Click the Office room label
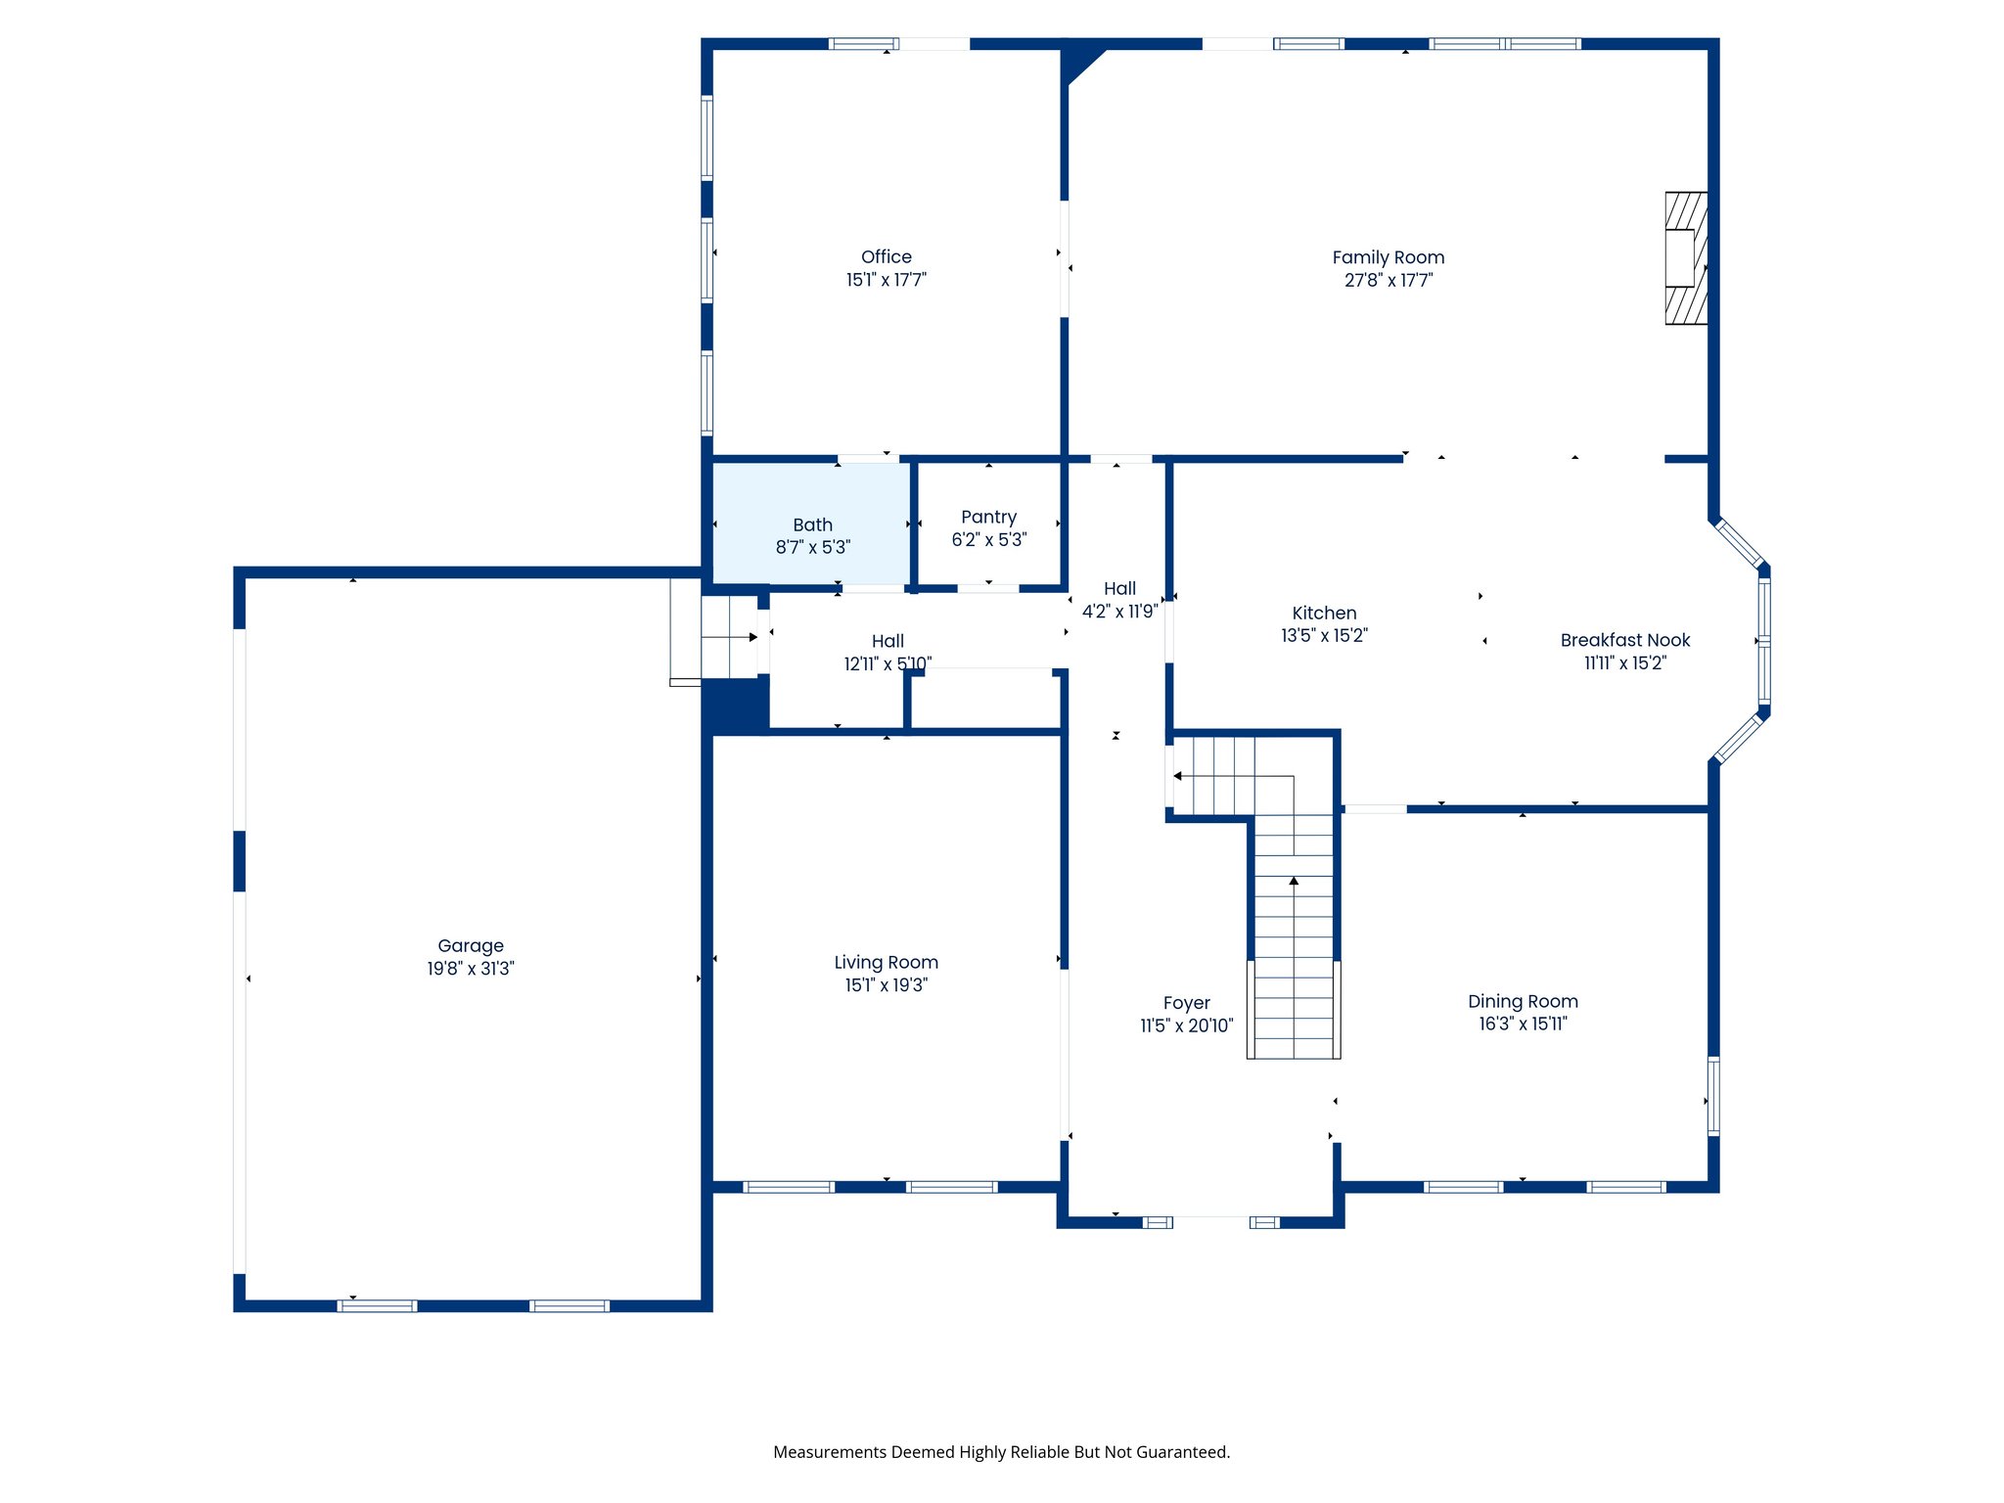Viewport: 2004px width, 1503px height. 886,256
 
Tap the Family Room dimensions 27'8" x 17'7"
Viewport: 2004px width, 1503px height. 1388,281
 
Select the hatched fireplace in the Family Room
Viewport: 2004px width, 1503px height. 1686,258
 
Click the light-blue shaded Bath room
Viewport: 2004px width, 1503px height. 811,524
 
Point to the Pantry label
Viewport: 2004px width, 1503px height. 988,517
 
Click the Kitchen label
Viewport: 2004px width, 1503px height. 1324,613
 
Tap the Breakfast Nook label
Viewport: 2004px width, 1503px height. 1624,640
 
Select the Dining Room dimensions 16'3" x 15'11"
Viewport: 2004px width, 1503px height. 1523,1025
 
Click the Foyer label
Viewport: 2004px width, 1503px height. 1186,1003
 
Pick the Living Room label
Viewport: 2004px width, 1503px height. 886,962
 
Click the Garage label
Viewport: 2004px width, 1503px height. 471,945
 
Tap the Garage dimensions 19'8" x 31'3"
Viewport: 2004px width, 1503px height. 471,969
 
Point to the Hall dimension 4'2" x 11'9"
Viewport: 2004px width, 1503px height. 1119,612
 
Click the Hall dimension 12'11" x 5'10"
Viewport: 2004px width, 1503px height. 888,664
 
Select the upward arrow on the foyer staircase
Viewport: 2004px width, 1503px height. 1294,882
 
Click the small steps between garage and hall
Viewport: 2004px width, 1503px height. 728,637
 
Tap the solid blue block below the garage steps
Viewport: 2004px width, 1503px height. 735,706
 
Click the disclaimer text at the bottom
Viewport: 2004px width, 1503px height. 1001,1452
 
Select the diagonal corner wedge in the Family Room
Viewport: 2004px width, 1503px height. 1080,61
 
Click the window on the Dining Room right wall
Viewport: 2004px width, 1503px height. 1713,1096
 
